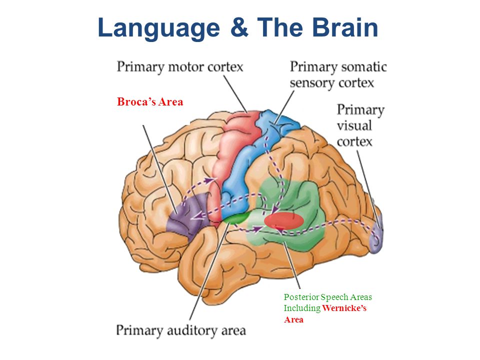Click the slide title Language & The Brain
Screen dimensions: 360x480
point(238,27)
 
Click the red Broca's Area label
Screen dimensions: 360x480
point(150,102)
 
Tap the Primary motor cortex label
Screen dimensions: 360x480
point(180,66)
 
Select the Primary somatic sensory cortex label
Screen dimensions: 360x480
point(338,74)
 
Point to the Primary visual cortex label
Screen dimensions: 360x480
point(360,125)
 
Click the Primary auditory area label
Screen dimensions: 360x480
point(181,330)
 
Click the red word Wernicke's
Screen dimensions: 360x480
point(344,308)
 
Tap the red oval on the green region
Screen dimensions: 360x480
point(283,220)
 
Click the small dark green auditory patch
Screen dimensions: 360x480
point(235,218)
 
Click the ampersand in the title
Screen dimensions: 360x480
point(241,27)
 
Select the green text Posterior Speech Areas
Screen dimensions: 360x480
point(327,297)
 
